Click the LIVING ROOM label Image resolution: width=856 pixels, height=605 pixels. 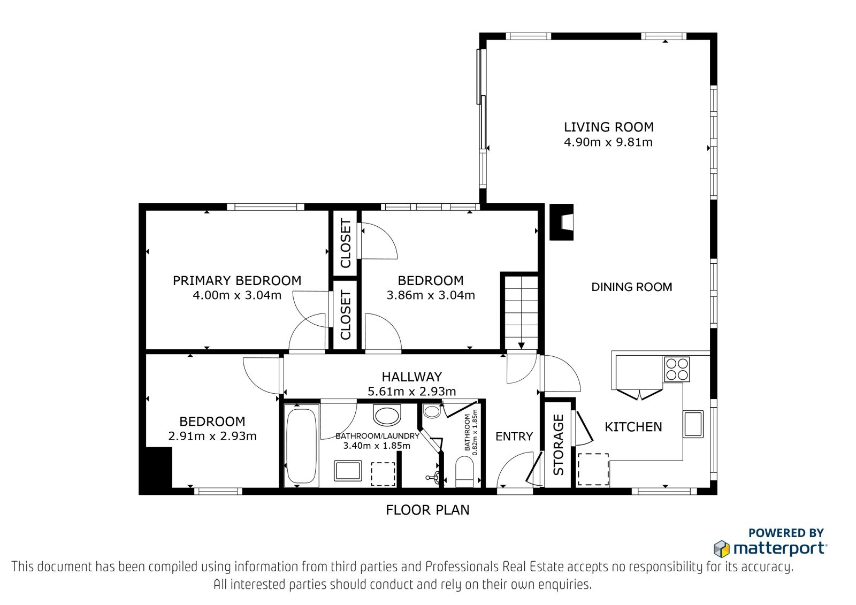609,127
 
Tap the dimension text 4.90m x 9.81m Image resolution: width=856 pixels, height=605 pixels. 608,142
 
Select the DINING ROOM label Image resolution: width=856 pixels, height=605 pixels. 632,287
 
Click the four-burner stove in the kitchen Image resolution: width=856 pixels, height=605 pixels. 677,369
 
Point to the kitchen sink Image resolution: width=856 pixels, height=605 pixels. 693,424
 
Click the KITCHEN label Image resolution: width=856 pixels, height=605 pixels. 633,427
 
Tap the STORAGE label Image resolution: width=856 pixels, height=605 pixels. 559,445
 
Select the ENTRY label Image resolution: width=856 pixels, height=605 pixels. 514,436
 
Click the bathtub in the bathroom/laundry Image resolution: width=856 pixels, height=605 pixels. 302,446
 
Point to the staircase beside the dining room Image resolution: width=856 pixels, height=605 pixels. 522,312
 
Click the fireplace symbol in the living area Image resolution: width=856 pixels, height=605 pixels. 561,222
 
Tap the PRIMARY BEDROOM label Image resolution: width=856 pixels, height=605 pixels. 237,281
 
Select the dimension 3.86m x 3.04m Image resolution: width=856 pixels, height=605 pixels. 431,295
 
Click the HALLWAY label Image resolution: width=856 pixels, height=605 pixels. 412,377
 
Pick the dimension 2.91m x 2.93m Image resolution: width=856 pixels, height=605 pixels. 212,436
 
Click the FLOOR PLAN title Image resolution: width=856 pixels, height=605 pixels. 427,510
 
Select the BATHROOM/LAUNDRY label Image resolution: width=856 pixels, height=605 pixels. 378,435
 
